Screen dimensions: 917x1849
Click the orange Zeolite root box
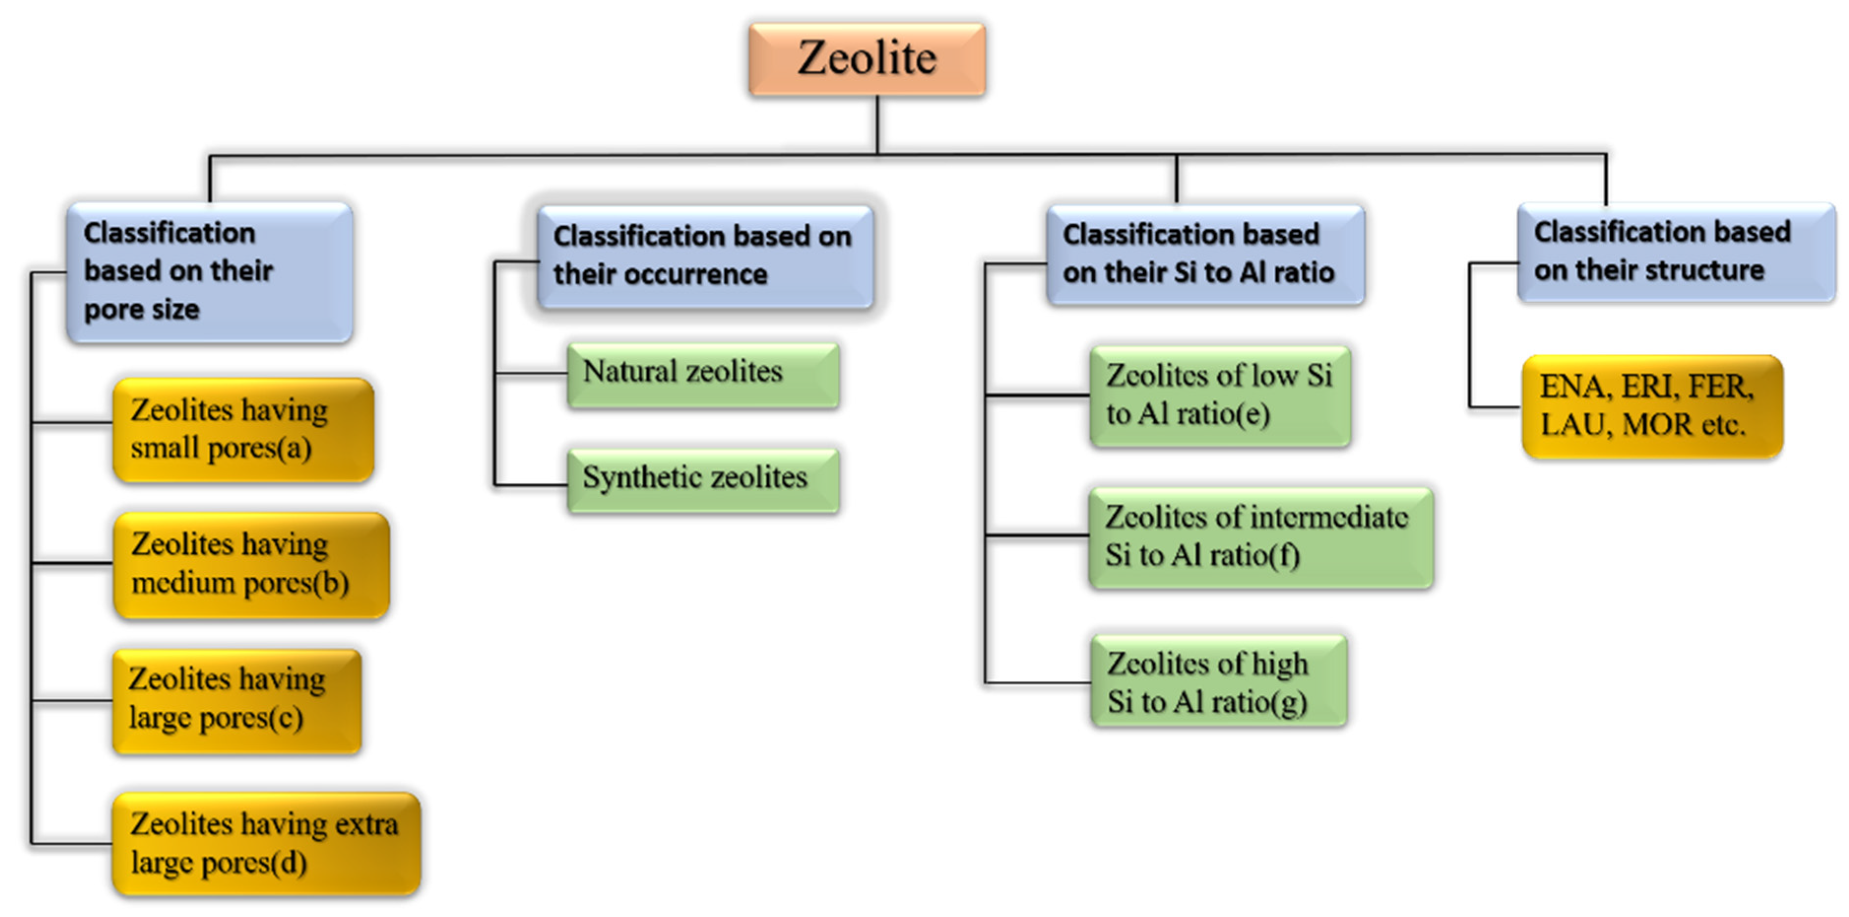pyautogui.click(x=866, y=59)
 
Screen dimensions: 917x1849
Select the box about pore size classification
pyautogui.click(x=209, y=271)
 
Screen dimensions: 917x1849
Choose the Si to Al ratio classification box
pyautogui.click(x=1204, y=254)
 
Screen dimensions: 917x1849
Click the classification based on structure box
pyautogui.click(x=1675, y=252)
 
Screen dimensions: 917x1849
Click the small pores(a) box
pyautogui.click(x=243, y=429)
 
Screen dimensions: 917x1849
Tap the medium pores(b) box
pyautogui.click(x=251, y=565)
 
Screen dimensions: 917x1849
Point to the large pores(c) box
pyautogui.click(x=236, y=700)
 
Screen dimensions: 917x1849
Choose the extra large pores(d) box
pyautogui.click(x=266, y=843)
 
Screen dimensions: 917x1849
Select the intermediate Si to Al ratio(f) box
pyautogui.click(x=1260, y=537)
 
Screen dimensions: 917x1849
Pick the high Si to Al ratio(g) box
pyautogui.click(x=1218, y=681)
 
